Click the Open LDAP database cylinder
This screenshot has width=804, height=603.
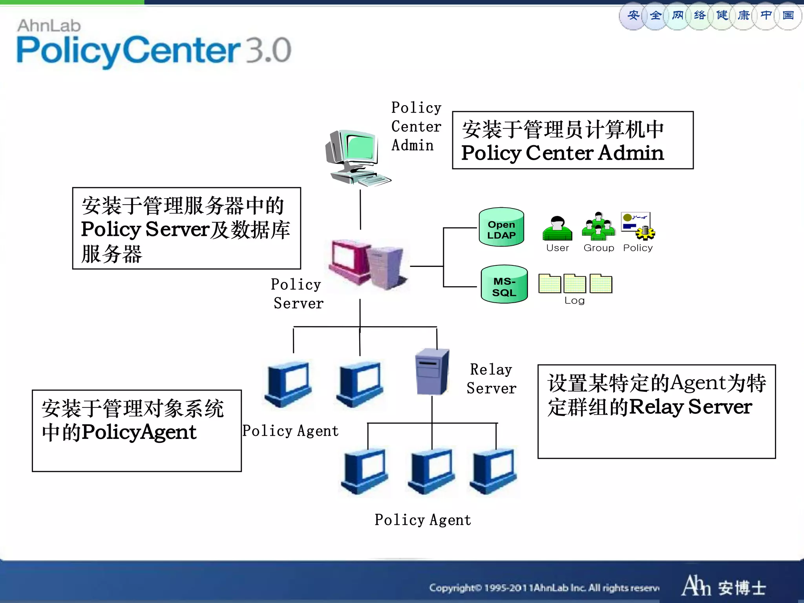click(501, 227)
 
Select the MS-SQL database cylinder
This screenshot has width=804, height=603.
click(504, 285)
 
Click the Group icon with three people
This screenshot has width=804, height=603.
click(598, 227)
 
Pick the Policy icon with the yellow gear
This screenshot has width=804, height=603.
click(638, 226)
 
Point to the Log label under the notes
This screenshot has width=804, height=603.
click(574, 301)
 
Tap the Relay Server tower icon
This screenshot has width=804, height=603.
click(432, 372)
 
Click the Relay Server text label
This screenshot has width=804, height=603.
click(491, 379)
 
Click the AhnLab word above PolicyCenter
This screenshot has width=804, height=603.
click(49, 26)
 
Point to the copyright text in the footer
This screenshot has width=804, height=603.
click(544, 588)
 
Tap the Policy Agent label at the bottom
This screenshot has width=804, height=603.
click(422, 520)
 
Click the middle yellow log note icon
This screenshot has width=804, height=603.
click(575, 284)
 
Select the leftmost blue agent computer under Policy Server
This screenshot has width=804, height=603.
click(289, 384)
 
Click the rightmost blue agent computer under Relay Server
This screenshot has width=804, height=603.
click(494, 471)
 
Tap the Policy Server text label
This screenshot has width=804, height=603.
click(297, 294)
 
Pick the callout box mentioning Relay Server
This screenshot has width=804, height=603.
click(656, 411)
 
